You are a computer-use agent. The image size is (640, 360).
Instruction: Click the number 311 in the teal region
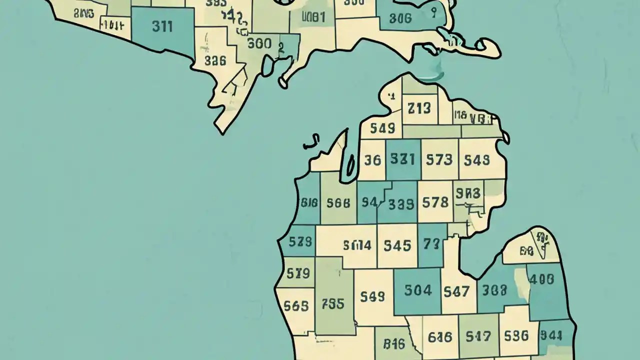point(162,26)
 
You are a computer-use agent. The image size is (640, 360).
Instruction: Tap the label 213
point(419,108)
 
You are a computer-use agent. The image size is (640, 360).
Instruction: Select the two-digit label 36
point(372,160)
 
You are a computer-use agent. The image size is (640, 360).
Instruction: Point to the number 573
point(439,160)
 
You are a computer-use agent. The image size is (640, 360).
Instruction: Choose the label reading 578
point(435,202)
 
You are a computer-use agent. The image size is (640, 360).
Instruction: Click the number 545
point(397,245)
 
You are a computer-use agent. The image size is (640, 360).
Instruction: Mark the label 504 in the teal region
point(417,290)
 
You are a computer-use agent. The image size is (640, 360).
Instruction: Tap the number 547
point(456,290)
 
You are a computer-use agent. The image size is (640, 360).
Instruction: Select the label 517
point(478,336)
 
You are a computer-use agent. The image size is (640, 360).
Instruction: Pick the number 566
point(338,203)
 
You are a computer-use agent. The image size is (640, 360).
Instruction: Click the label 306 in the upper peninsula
point(400,18)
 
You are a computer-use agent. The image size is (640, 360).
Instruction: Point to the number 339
point(401,204)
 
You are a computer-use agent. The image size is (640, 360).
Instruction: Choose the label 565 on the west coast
point(295,305)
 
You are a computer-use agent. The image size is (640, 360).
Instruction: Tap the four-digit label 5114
point(357,245)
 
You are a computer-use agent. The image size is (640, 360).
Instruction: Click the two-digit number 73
point(431,244)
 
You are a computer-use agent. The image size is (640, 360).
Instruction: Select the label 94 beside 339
point(369,202)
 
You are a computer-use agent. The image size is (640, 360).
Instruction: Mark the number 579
point(298,273)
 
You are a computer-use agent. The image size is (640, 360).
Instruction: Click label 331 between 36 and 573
point(402,159)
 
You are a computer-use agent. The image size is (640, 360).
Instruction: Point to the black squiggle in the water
point(311,142)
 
